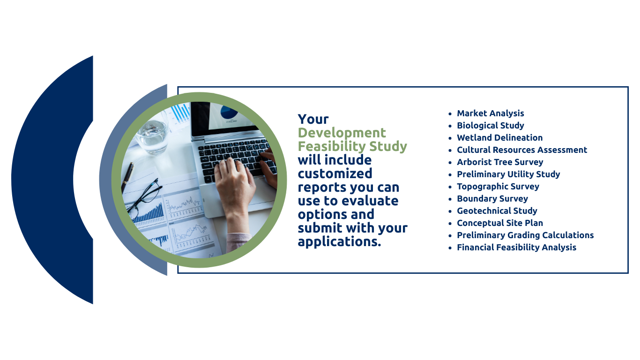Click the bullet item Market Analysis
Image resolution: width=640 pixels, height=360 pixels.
tap(490, 113)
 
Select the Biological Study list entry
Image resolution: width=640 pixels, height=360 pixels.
tap(490, 126)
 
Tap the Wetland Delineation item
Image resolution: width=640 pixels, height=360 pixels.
tap(500, 137)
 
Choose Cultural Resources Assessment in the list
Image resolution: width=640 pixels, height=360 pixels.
tap(522, 150)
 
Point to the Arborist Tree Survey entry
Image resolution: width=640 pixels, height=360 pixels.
tap(500, 162)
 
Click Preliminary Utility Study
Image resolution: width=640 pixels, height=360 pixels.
tap(508, 174)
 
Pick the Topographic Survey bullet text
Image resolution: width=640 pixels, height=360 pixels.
tap(498, 187)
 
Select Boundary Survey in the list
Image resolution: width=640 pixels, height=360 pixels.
tap(492, 198)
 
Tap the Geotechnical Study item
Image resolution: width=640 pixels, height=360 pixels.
tap(497, 211)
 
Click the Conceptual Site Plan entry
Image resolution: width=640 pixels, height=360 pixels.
tap(500, 223)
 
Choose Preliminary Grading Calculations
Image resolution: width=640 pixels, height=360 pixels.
tap(525, 235)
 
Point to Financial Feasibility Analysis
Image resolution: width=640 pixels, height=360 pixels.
tap(517, 247)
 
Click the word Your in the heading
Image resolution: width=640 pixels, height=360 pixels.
tap(313, 119)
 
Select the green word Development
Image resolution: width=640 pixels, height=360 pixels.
tap(342, 133)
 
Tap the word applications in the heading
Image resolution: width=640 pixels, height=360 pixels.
tap(339, 242)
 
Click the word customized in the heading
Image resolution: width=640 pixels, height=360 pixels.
tap(335, 173)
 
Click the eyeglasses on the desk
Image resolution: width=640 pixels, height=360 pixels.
tap(144, 198)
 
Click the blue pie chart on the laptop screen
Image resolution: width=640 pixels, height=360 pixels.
tap(229, 112)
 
